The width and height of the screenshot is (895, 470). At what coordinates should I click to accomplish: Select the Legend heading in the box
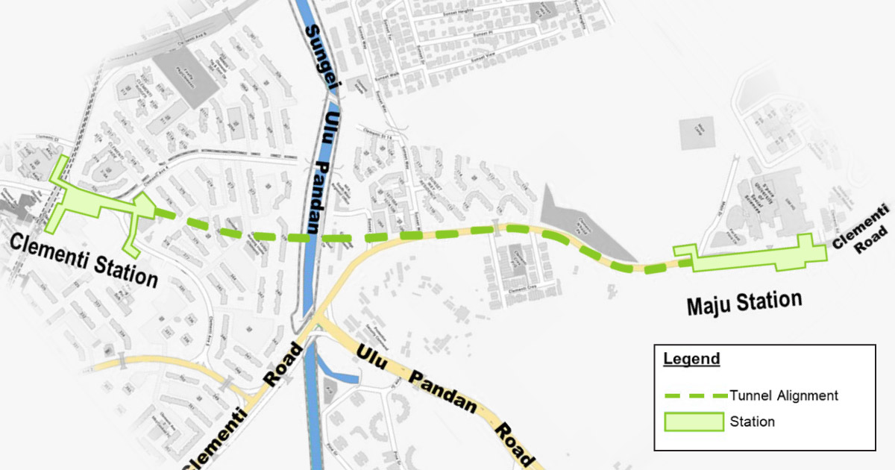(x=691, y=359)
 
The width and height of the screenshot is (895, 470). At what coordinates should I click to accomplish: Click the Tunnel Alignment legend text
(x=784, y=395)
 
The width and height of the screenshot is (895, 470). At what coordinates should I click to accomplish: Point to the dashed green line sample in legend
(x=694, y=395)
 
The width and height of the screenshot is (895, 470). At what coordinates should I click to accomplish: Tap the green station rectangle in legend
(x=694, y=422)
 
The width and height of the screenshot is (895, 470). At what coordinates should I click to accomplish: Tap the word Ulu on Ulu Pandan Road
(x=370, y=357)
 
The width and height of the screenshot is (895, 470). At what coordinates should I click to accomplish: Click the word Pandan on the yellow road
(x=442, y=395)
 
